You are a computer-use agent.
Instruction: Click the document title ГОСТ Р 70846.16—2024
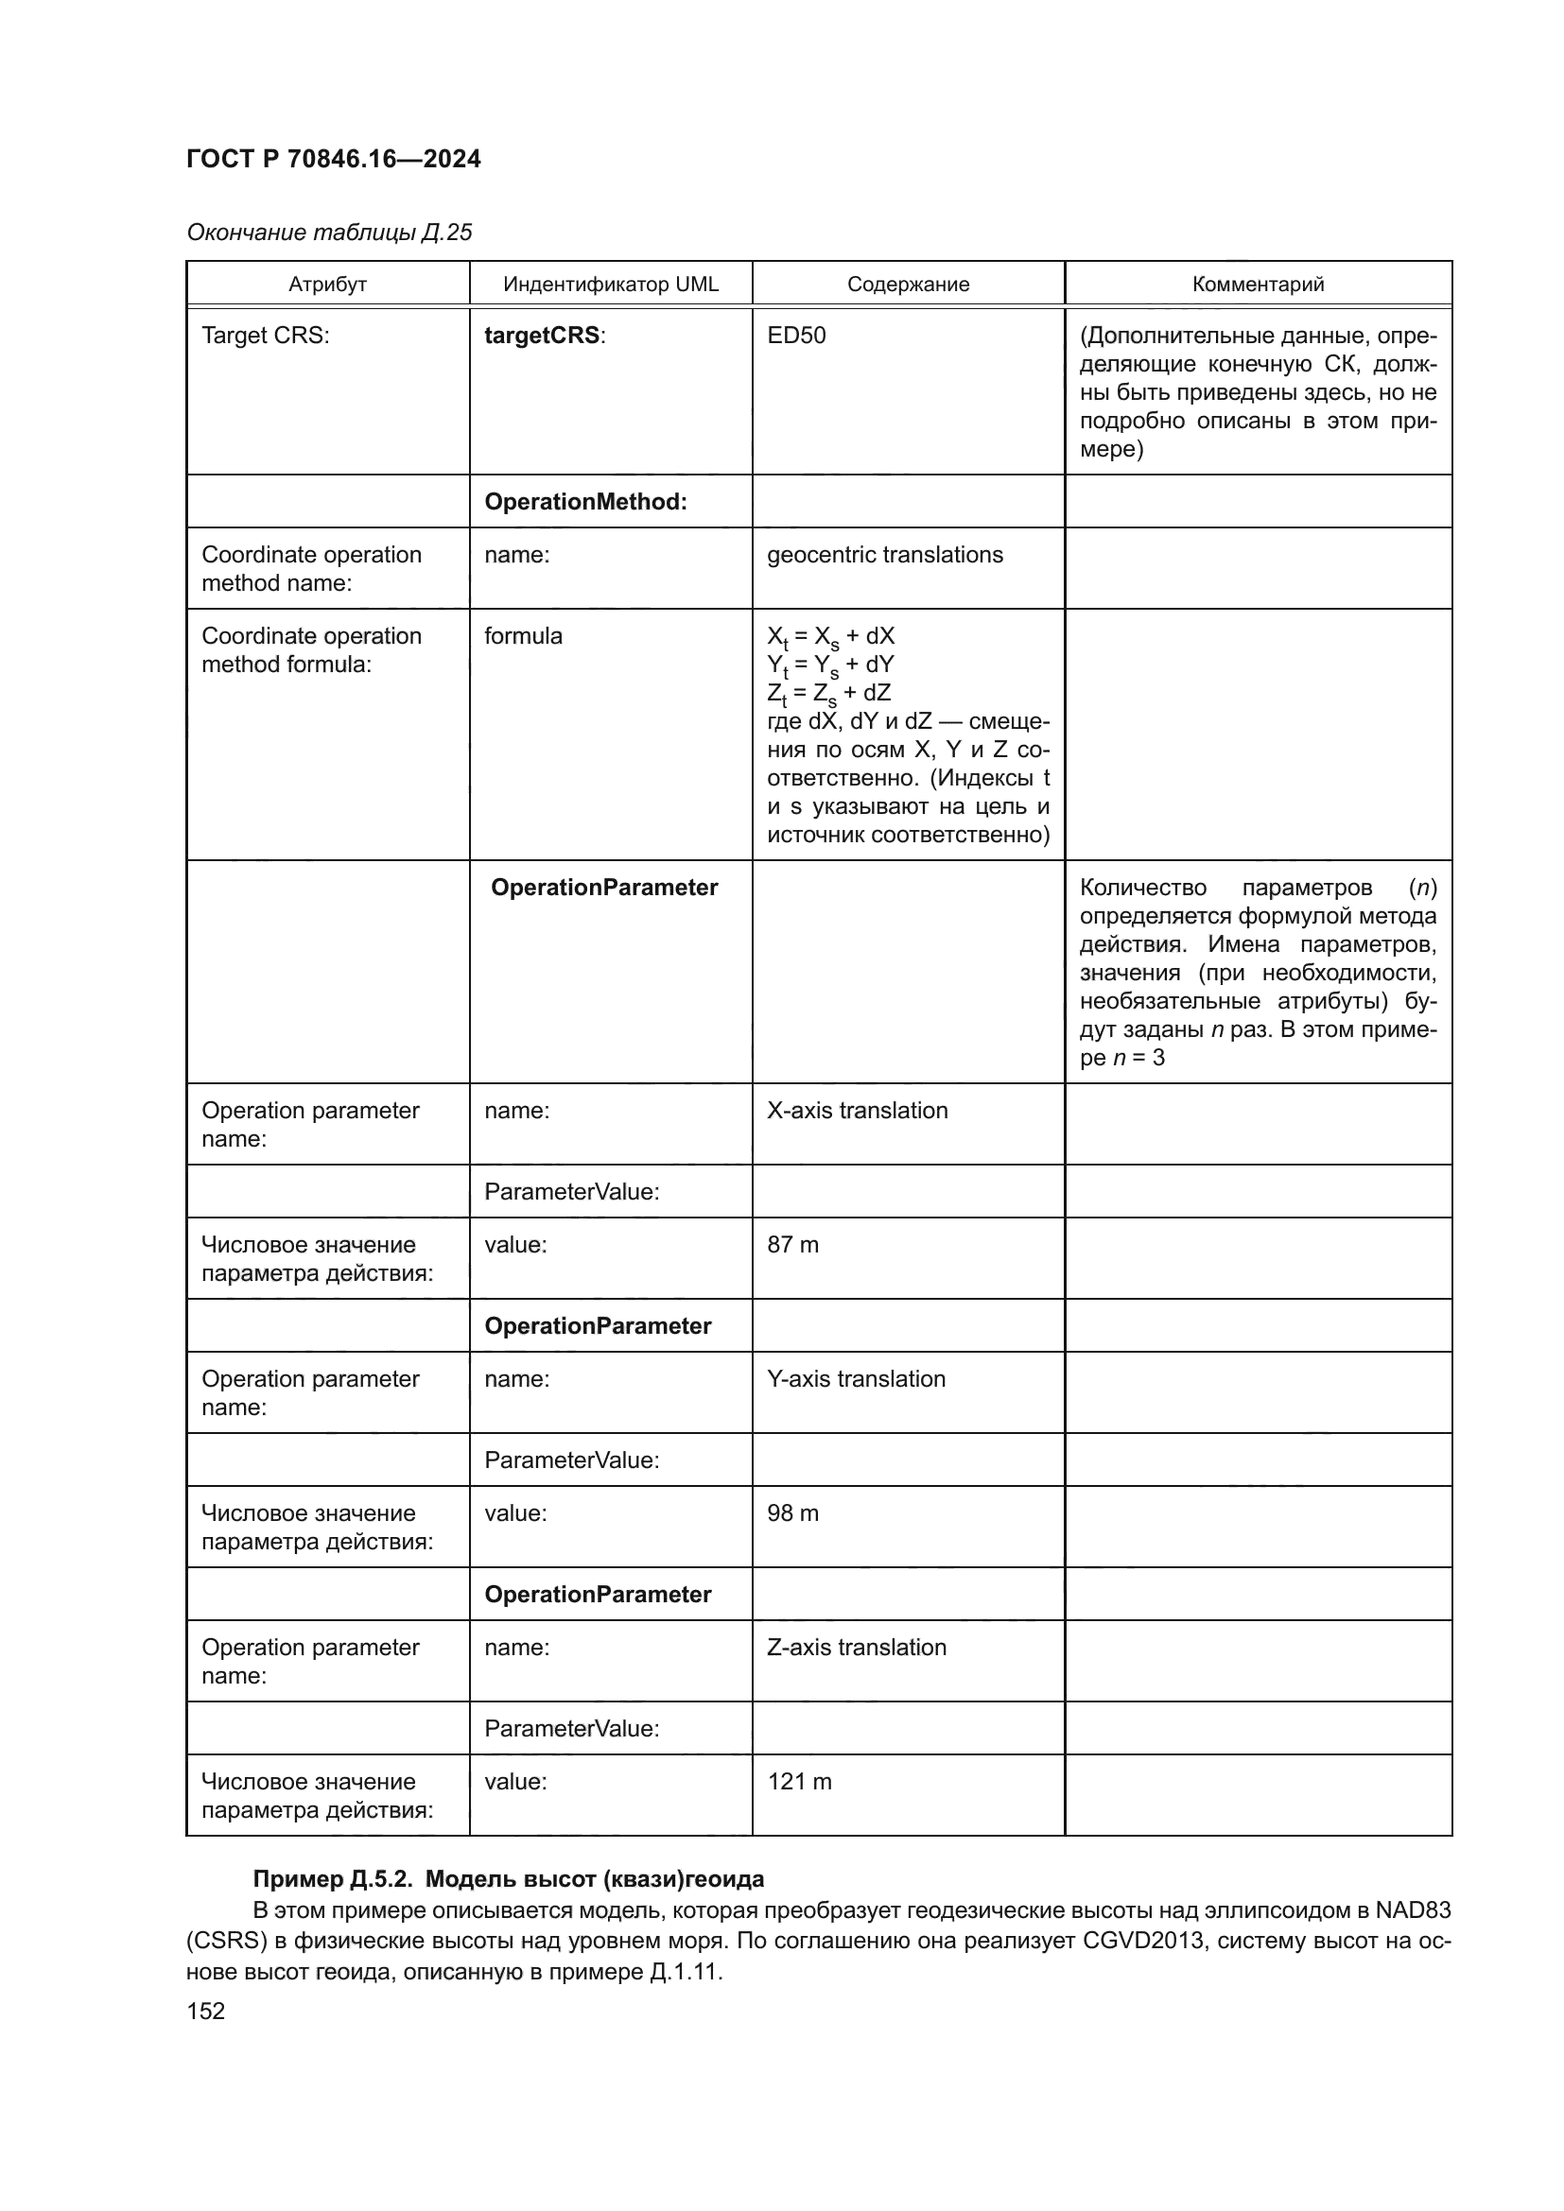click(x=333, y=159)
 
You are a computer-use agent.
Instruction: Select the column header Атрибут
click(x=327, y=285)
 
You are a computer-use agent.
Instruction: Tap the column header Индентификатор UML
click(x=611, y=285)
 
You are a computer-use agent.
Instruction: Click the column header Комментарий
click(x=1258, y=285)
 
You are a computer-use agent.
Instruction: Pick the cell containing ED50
click(x=796, y=336)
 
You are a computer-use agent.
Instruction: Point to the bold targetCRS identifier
click(x=543, y=336)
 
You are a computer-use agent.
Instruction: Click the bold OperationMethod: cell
click(x=585, y=502)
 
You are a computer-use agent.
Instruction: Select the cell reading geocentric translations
click(x=884, y=555)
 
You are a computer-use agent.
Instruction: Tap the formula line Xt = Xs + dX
click(x=830, y=636)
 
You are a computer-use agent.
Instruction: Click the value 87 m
click(x=792, y=1244)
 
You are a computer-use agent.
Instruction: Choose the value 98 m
click(x=792, y=1512)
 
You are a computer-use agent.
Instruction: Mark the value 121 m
click(x=799, y=1782)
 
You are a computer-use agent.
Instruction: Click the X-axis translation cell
click(x=857, y=1111)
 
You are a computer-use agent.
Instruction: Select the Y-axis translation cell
click(x=856, y=1379)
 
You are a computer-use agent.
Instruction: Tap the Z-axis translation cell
click(x=856, y=1648)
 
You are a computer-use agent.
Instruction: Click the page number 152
click(x=205, y=2011)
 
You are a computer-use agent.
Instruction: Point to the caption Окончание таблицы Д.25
click(x=328, y=233)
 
